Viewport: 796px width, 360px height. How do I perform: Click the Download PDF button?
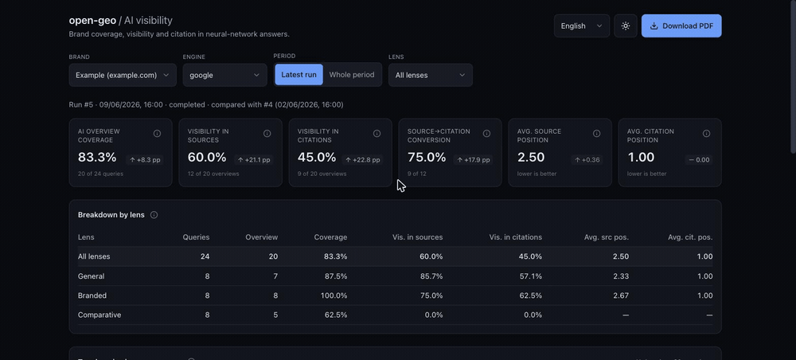(x=681, y=26)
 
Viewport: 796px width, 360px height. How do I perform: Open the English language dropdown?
(x=582, y=26)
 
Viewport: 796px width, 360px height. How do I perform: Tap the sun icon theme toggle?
(x=626, y=26)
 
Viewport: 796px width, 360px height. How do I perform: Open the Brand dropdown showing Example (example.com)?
(x=123, y=75)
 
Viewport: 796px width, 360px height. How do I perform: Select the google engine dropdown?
(x=225, y=75)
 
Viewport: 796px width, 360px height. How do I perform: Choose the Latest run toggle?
(x=298, y=75)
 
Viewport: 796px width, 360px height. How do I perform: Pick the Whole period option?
(x=352, y=75)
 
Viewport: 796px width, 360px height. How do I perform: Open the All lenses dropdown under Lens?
(x=431, y=75)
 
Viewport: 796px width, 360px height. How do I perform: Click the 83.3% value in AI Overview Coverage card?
(x=97, y=158)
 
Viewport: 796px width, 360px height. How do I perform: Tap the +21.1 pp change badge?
(x=253, y=160)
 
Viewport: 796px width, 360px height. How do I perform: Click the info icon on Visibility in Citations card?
(x=377, y=134)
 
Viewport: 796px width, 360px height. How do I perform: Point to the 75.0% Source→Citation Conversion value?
(x=427, y=158)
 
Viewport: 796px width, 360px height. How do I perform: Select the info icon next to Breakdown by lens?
(x=154, y=215)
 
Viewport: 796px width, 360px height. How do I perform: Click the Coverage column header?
(x=330, y=237)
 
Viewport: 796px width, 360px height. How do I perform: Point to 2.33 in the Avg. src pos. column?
(x=621, y=276)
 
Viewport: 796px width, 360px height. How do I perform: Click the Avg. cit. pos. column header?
(x=690, y=237)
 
